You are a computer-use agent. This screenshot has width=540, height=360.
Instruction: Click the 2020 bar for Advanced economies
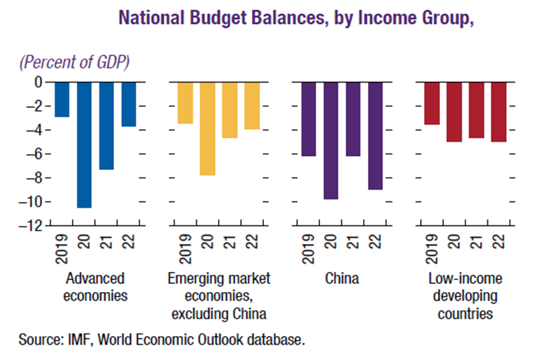coord(84,145)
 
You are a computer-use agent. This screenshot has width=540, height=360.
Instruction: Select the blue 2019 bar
coord(62,99)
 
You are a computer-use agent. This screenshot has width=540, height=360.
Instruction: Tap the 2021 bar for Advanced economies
coord(107,125)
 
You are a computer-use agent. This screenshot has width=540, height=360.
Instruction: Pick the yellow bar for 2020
coord(207,129)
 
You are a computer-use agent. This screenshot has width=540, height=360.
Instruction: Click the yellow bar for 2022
coord(251,105)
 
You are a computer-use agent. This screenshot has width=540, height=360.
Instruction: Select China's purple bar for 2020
coord(330,140)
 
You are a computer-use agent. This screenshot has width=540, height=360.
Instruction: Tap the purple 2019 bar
coord(308,119)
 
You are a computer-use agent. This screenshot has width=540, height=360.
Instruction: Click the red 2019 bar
coord(431,103)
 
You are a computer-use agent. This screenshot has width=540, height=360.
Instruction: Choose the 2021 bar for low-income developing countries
coord(476,109)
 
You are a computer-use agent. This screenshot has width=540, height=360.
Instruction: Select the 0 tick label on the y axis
coord(38,82)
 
